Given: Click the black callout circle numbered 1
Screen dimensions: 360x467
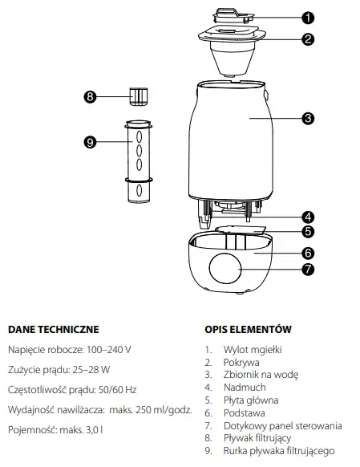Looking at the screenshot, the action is (x=308, y=18).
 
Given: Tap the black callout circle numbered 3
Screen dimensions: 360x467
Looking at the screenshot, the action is (x=308, y=119).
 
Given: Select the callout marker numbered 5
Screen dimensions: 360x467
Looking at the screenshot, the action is (x=308, y=231).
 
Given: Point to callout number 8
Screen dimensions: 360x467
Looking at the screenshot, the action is (x=90, y=96).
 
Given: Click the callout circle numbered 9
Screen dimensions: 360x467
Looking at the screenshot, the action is (x=90, y=142).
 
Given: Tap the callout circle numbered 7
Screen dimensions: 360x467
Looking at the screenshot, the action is (x=308, y=270).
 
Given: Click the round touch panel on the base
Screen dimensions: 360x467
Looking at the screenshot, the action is (x=225, y=268).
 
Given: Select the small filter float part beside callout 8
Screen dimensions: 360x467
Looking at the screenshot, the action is (x=139, y=96).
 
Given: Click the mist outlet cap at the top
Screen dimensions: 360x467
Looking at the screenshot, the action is (x=233, y=16).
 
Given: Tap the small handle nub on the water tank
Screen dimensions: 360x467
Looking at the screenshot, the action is (x=266, y=95).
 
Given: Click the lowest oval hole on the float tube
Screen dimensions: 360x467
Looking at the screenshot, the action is (x=139, y=190).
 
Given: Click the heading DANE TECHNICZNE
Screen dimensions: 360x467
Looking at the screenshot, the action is (x=54, y=330).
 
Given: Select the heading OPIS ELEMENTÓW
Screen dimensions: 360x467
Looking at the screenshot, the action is (x=248, y=330).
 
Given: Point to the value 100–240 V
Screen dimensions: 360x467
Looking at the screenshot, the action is (x=108, y=349).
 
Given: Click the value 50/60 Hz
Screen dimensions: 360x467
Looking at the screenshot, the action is (x=117, y=389).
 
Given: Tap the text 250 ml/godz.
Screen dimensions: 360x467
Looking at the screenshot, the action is (x=164, y=410).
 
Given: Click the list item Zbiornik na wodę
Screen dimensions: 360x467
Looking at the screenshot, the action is (x=261, y=375).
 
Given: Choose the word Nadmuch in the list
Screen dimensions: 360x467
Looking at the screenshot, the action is (x=245, y=388).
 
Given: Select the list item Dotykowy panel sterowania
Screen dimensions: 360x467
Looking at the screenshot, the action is (x=283, y=425).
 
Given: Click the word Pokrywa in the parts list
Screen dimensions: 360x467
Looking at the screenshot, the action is (x=241, y=363).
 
